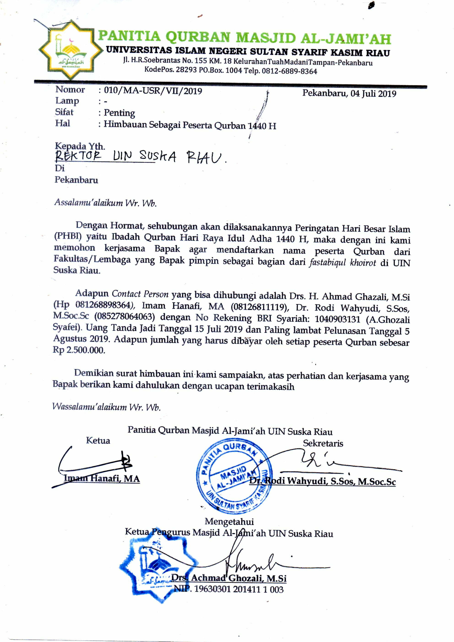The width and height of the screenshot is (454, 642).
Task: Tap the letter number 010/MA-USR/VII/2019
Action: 153,91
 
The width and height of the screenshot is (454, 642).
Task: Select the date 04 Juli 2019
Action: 373,93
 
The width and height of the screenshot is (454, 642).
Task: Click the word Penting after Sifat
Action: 119,113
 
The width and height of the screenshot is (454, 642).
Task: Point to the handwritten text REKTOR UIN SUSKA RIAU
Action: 140,157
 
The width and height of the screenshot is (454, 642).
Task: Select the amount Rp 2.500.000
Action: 79,350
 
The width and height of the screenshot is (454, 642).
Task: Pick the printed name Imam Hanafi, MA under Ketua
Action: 102,478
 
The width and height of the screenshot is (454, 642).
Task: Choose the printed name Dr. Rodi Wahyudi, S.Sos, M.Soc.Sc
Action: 322,481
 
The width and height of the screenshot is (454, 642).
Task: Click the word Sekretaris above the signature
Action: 323,443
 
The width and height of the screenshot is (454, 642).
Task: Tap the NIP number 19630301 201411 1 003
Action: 239,589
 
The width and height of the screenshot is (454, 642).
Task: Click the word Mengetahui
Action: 229,521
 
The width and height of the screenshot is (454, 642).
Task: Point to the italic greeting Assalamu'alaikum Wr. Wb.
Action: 105,202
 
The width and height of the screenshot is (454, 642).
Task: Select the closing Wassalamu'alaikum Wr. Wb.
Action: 106,407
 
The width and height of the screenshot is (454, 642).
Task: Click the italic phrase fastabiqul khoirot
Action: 342,263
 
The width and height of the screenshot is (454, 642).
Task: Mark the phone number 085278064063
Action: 124,317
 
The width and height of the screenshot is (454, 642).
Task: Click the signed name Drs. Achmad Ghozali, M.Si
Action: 229,578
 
